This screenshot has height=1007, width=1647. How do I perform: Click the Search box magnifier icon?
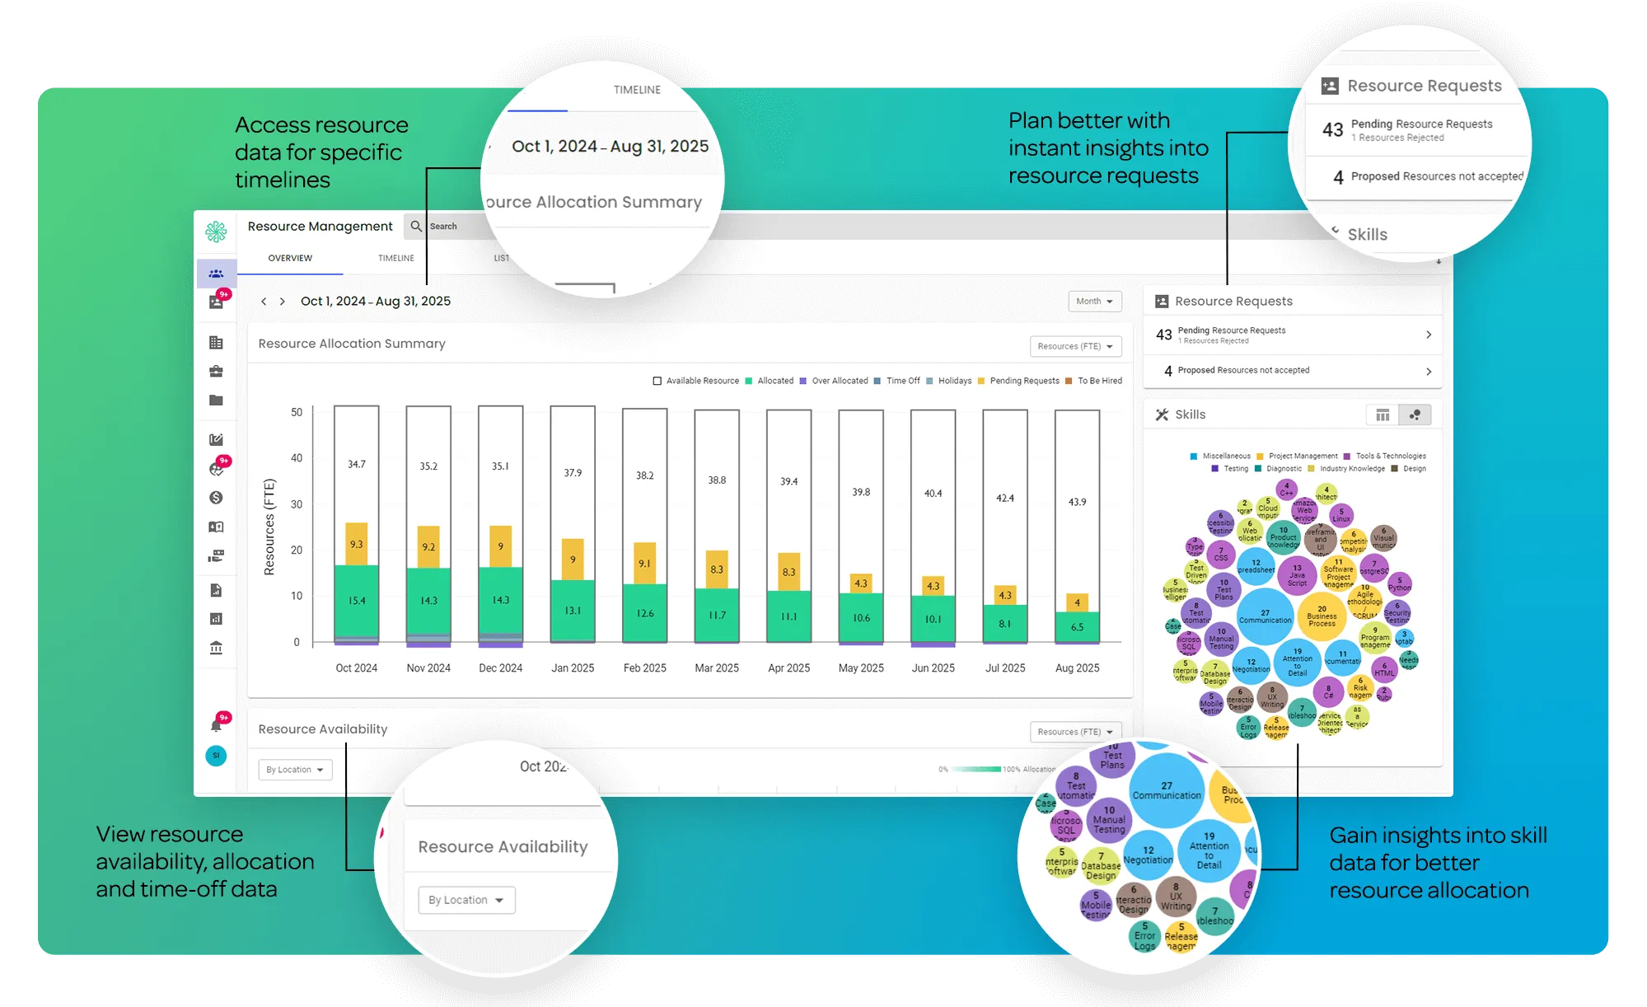tap(416, 226)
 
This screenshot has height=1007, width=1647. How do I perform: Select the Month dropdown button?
tap(1094, 302)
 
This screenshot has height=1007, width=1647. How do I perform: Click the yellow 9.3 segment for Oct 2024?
tap(356, 544)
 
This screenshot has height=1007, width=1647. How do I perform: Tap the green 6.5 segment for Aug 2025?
tap(1077, 626)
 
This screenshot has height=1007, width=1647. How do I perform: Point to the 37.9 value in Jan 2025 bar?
tap(573, 473)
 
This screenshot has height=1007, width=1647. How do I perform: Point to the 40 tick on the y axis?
tap(297, 458)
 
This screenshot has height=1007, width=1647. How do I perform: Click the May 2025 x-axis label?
tap(861, 668)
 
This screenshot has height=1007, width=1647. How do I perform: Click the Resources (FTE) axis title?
tap(269, 527)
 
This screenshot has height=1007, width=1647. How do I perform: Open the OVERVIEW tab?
tap(290, 258)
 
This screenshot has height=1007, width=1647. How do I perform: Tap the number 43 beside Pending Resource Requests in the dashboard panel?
tap(1163, 335)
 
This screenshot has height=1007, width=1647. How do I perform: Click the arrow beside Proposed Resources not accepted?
tap(1429, 372)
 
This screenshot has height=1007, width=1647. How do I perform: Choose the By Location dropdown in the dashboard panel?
tap(295, 770)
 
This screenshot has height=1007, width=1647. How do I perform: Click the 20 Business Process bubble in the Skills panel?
tap(1322, 616)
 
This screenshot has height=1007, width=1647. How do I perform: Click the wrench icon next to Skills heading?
tap(1162, 415)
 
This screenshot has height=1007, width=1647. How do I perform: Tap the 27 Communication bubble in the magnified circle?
tap(1167, 791)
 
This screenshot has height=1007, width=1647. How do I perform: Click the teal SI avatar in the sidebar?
tap(216, 756)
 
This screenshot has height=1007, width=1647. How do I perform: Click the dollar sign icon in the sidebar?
tap(216, 498)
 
